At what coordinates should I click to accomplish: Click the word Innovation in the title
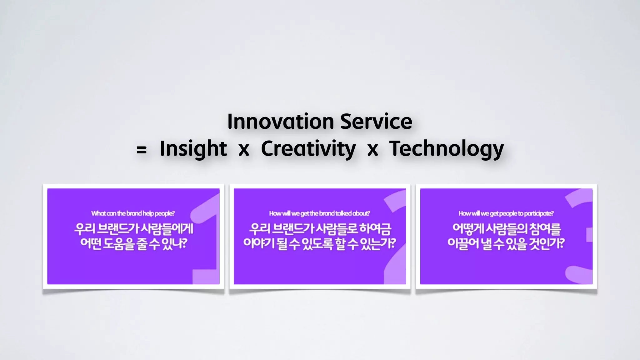point(280,122)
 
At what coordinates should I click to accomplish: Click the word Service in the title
point(376,122)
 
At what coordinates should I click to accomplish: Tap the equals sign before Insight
point(142,150)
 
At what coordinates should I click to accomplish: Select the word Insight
point(193,149)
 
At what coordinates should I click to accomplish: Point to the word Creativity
point(308,149)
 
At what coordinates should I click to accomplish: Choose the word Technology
point(446,149)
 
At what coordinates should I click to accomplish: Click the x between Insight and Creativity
point(244,150)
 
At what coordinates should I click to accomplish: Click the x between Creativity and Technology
point(372,150)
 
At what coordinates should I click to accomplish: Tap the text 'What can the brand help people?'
point(133,213)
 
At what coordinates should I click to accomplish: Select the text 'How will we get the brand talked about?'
point(319,213)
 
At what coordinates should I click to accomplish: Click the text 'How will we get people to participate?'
point(506,213)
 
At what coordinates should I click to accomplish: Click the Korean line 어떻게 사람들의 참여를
point(506,229)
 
